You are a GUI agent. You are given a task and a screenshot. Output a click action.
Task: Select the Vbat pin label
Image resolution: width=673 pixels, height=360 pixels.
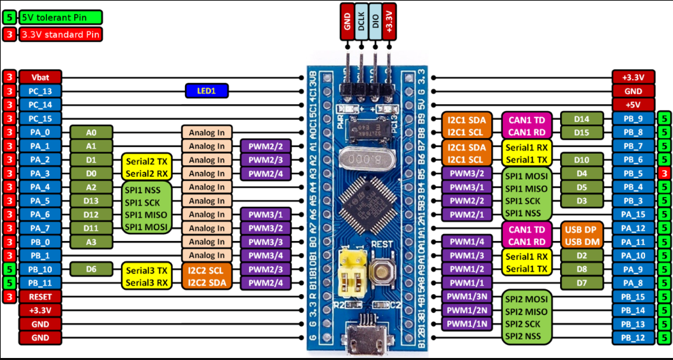click(41, 77)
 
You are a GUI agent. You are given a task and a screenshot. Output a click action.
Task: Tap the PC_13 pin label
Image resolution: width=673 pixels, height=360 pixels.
click(41, 91)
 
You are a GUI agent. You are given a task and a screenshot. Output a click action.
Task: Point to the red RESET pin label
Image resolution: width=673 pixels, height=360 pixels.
click(41, 297)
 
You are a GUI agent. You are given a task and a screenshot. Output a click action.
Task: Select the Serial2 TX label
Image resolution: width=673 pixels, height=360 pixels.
click(144, 160)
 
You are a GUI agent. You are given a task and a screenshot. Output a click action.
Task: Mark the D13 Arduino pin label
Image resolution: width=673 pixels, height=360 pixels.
click(91, 201)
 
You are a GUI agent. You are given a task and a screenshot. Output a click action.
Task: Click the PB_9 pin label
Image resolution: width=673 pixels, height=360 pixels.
click(633, 118)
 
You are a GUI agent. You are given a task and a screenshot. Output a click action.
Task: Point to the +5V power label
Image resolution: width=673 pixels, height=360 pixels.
click(633, 104)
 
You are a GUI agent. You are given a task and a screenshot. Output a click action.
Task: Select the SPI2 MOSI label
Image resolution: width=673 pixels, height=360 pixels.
click(528, 297)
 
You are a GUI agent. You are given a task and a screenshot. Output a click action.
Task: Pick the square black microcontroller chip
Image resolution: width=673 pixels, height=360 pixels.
click(368, 202)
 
